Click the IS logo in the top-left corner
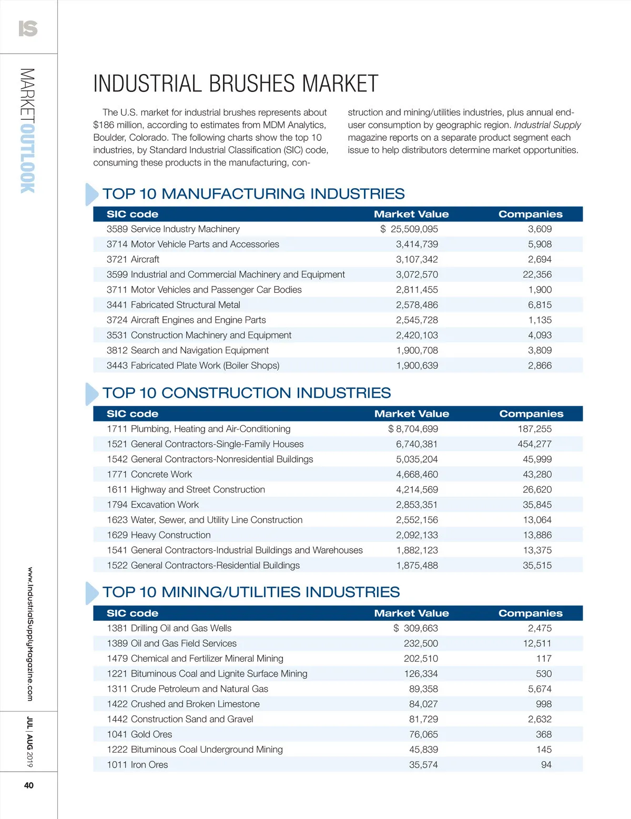click(x=28, y=28)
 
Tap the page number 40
click(x=29, y=785)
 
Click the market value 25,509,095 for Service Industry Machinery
click(x=414, y=229)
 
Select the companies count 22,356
click(x=537, y=274)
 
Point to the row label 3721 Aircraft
click(x=133, y=259)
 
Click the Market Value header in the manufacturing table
click(x=411, y=214)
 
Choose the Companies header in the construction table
click(x=531, y=414)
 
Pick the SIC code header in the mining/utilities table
click(x=133, y=613)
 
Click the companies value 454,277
click(x=534, y=444)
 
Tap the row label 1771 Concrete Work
click(x=149, y=474)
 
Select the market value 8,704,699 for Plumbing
click(x=416, y=429)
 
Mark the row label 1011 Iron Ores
click(x=137, y=765)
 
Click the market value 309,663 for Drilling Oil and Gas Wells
click(x=420, y=628)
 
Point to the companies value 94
click(x=546, y=765)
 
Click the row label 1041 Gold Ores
click(x=139, y=734)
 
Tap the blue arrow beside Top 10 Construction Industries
click(x=91, y=394)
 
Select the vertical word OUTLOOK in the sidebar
click(x=28, y=158)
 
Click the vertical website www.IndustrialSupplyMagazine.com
click(x=29, y=634)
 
